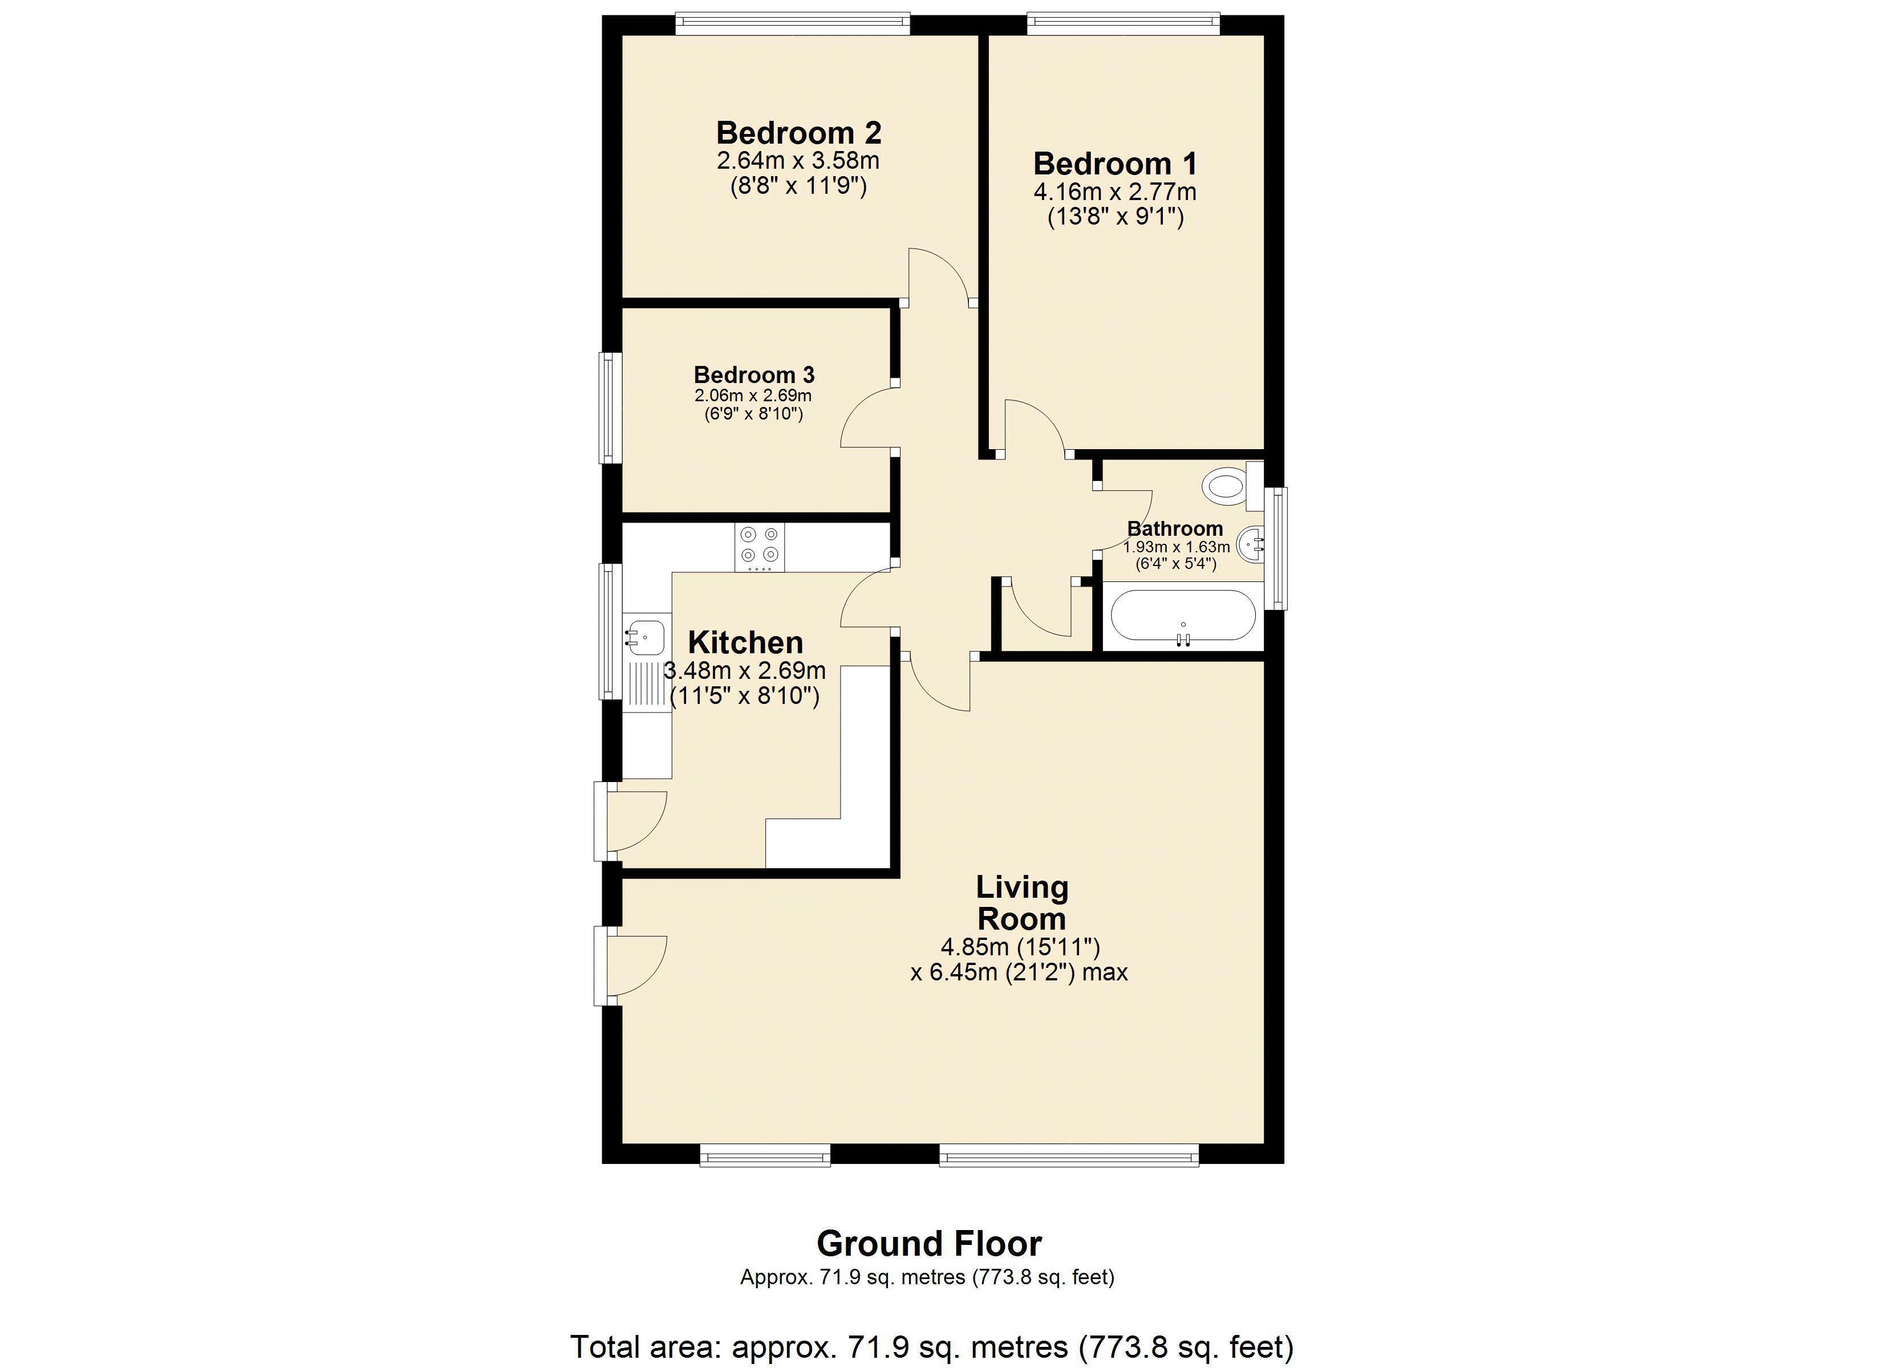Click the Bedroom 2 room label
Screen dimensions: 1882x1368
(798, 133)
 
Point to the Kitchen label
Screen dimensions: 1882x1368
(745, 642)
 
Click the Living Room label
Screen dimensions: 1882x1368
(1021, 903)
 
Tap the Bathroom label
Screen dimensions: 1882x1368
(1174, 528)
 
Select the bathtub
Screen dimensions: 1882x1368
(1182, 614)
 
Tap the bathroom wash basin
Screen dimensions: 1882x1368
(1251, 545)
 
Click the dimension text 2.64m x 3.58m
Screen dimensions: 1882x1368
(798, 160)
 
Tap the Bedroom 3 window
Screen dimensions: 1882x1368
(611, 408)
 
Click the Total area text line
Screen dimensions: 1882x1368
(932, 1346)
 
